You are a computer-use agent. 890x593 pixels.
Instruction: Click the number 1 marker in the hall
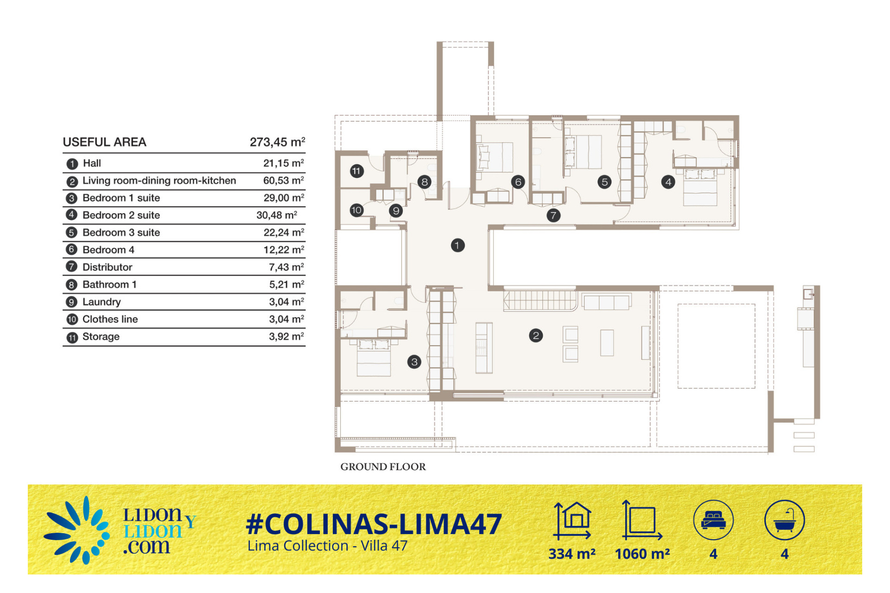458,245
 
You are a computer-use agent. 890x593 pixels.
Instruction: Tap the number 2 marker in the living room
536,335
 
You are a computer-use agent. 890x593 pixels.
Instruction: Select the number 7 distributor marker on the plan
553,215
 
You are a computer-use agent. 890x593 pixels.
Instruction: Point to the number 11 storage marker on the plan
356,171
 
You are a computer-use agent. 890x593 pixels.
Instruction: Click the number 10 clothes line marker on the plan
356,210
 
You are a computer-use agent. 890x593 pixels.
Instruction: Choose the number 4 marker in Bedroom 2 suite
668,182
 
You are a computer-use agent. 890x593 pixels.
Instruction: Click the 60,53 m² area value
284,180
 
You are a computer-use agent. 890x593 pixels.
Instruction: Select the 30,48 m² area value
277,215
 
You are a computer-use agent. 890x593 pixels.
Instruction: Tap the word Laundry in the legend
102,302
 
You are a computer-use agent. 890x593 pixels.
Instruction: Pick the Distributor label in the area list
108,267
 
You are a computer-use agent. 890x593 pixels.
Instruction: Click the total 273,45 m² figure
277,142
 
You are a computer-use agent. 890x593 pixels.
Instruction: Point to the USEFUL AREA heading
104,142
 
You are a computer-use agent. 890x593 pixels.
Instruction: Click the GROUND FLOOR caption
383,467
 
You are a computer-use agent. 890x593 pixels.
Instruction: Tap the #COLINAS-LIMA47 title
374,524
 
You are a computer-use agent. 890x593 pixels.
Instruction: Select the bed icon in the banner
713,520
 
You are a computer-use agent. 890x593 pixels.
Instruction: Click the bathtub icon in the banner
784,520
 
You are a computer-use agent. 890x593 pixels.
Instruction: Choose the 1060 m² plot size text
642,554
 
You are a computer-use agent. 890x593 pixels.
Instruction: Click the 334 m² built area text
572,554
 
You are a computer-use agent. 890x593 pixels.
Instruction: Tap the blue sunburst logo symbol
76,530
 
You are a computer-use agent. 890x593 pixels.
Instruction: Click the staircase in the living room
540,300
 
